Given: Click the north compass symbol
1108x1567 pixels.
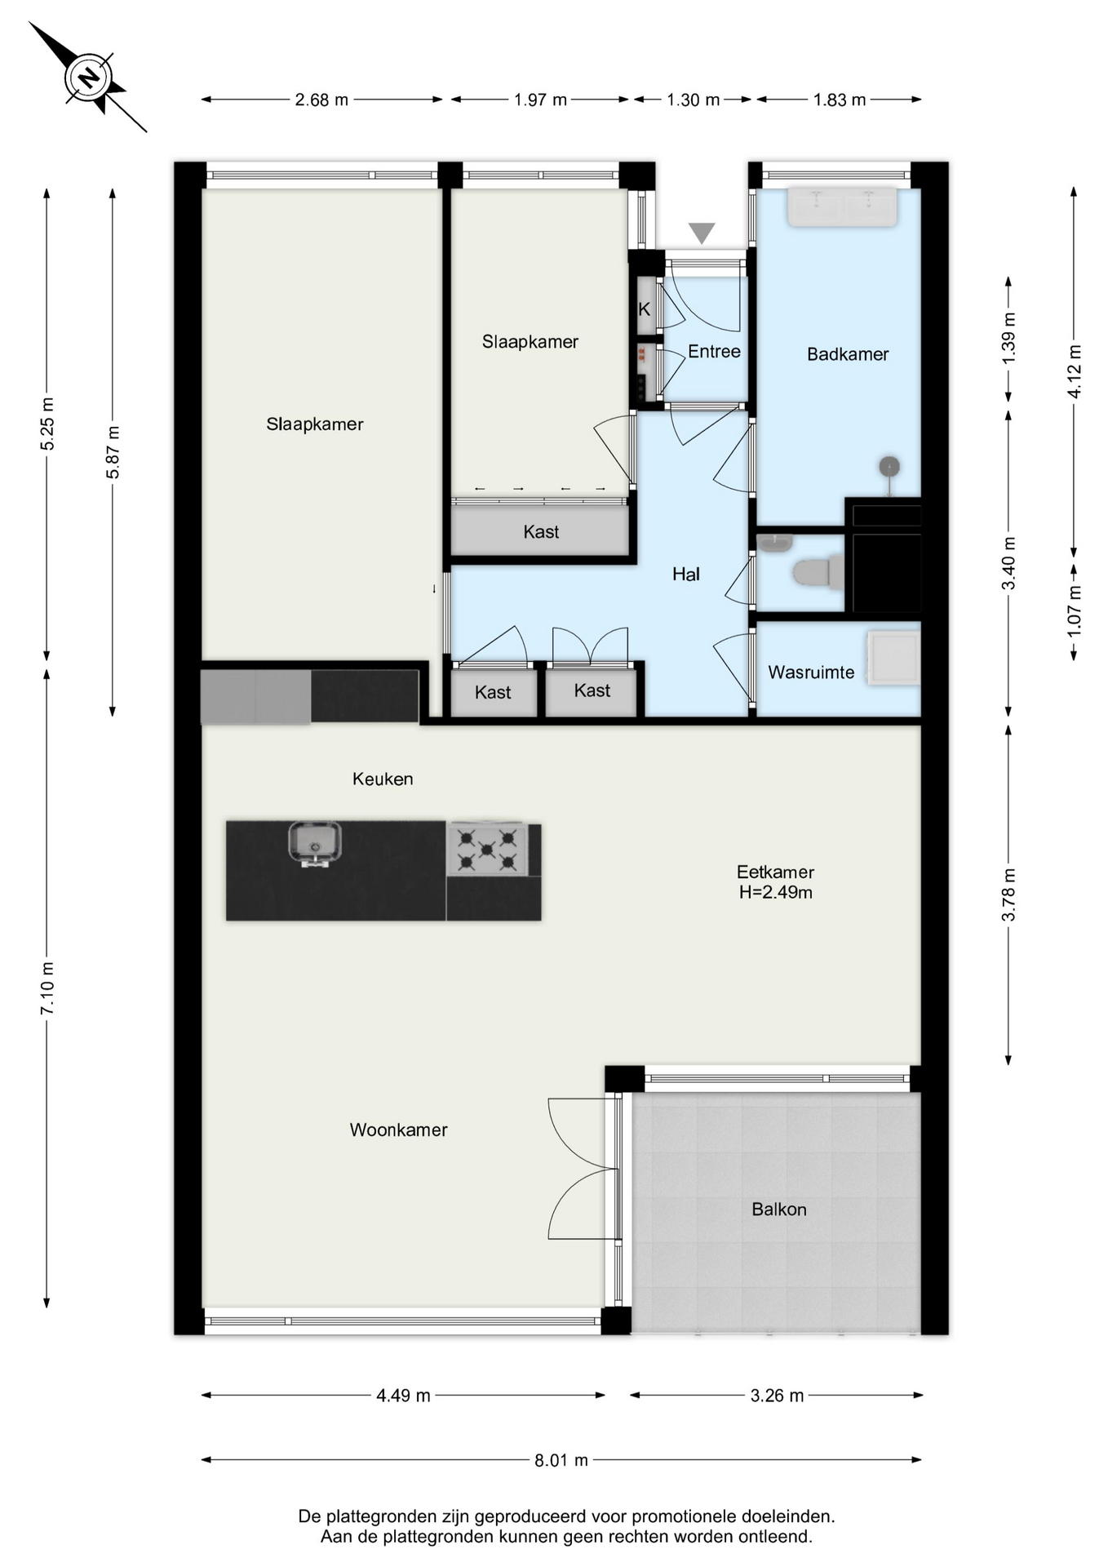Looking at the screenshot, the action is pos(88,78).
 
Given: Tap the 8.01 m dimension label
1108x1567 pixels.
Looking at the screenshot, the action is pos(561,1460).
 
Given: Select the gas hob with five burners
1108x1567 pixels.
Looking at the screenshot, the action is pos(487,849).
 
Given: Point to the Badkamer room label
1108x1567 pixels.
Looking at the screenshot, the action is pos(848,354).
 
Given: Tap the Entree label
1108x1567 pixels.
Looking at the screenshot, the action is pos(714,352).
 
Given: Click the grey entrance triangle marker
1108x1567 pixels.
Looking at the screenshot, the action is pos(702,233).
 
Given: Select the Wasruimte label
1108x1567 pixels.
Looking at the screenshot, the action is pos(811,673).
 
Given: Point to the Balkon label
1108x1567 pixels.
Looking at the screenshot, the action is pos(779,1210).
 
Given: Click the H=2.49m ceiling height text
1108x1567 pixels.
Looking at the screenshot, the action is pos(776,892).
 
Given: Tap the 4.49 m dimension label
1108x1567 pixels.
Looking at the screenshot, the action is pos(403,1396).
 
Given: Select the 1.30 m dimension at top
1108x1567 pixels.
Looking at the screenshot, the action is pos(694,100).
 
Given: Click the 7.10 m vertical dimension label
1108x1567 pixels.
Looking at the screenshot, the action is pos(47,988).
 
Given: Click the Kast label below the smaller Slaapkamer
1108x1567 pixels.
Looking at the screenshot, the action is pos(541,532).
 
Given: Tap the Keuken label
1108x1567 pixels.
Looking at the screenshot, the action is pos(383,779).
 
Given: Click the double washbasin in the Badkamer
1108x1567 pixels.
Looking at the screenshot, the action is pos(841,206).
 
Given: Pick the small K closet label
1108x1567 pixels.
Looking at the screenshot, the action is pos(645,309).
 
